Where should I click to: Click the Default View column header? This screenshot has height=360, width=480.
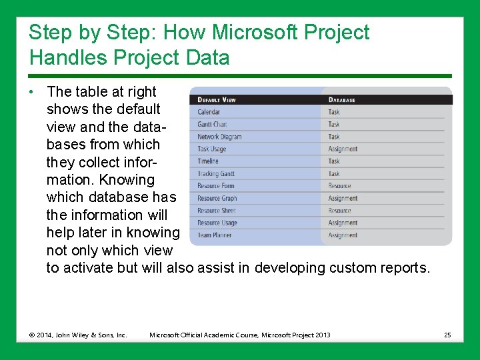[x=217, y=100]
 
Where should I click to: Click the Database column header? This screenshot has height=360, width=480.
[x=342, y=100]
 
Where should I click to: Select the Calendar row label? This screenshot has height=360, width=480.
[x=209, y=112]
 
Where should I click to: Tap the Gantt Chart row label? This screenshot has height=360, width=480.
[x=212, y=124]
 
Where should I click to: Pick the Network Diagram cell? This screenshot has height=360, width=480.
[x=219, y=137]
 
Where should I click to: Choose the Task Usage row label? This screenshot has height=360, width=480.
[x=212, y=149]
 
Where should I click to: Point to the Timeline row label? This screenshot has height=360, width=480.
[x=208, y=161]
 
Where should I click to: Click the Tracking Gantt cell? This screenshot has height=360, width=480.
[x=216, y=174]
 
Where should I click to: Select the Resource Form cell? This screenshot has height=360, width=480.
[x=216, y=186]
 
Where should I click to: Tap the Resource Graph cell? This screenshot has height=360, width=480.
[x=217, y=198]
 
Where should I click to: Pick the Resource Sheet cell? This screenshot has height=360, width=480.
[x=217, y=211]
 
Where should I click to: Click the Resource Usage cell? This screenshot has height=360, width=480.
[x=217, y=223]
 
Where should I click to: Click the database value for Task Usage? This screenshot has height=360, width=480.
[x=343, y=149]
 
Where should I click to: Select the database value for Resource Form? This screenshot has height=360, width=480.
[x=339, y=186]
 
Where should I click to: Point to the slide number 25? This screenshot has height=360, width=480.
[x=448, y=335]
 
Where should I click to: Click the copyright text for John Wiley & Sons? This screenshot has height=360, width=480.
[x=78, y=335]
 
